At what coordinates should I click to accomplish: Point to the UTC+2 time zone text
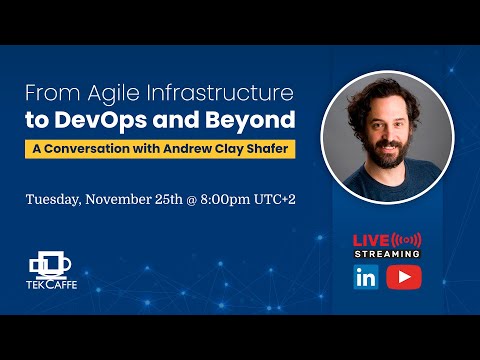276,198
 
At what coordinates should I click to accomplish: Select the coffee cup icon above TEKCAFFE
52,261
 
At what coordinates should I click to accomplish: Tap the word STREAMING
387,254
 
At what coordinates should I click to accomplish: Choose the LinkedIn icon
365,277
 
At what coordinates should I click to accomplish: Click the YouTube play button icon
403,277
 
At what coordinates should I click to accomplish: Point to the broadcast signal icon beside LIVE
406,240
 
